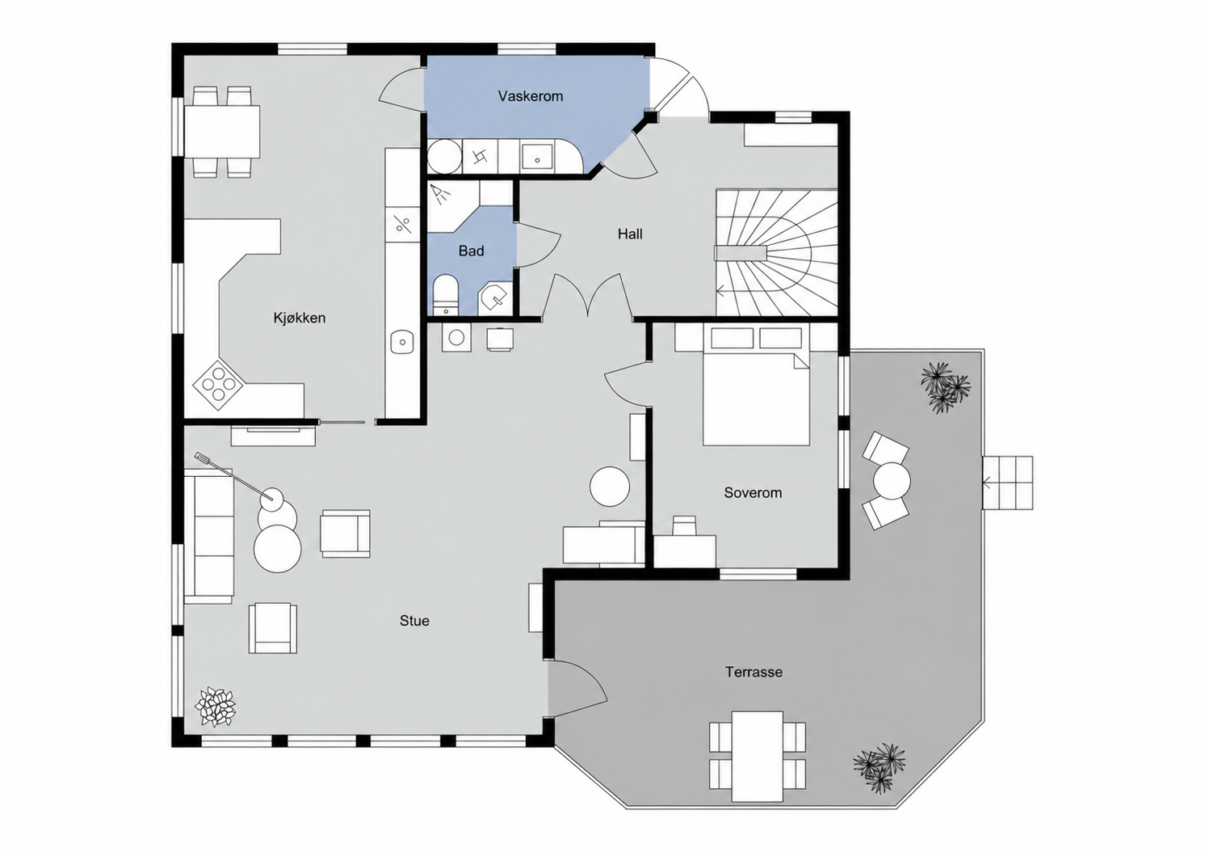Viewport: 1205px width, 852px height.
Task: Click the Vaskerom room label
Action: (531, 96)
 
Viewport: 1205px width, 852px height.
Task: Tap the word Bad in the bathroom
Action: (471, 251)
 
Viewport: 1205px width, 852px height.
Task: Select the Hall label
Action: (630, 234)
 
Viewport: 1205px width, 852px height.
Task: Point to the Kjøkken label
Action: (300, 318)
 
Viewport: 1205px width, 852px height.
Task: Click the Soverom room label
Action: (753, 493)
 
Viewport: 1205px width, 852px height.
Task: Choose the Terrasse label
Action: (754, 672)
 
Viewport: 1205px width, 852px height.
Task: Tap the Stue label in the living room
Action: (414, 621)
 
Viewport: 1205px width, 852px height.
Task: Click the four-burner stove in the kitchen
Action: (218, 384)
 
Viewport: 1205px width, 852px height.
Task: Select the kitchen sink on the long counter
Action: (402, 341)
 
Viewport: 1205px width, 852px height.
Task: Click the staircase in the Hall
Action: (777, 252)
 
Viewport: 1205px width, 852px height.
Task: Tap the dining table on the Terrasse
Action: (758, 756)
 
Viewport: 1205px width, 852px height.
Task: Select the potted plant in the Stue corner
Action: (215, 706)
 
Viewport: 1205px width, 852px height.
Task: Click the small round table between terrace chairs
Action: (892, 480)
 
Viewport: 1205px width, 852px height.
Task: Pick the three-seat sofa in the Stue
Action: (208, 536)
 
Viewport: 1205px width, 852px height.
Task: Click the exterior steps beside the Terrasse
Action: (1008, 483)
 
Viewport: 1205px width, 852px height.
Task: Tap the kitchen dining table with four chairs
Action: (221, 132)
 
